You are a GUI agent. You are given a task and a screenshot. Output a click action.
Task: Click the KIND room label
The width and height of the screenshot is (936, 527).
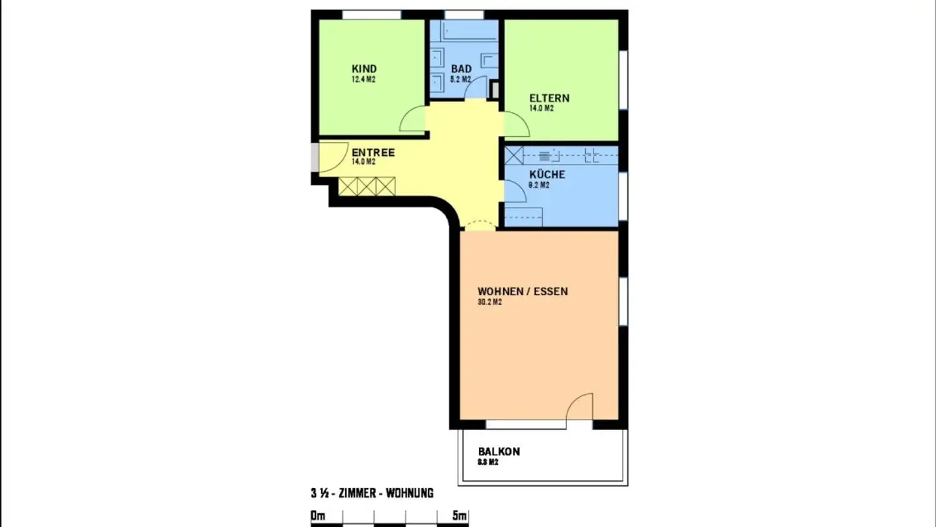point(364,69)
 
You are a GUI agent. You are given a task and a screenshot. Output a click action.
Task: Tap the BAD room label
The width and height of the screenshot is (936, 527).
point(461,69)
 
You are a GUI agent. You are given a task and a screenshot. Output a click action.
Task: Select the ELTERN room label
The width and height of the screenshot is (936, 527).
point(549,98)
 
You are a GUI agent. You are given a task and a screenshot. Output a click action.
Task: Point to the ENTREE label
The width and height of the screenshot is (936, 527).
point(373,153)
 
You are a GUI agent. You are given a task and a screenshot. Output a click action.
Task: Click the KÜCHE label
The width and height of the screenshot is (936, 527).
point(547,174)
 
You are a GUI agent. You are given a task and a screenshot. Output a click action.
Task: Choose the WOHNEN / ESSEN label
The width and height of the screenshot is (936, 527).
point(523,291)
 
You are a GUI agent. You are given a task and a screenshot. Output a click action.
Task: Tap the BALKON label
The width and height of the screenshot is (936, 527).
point(499,452)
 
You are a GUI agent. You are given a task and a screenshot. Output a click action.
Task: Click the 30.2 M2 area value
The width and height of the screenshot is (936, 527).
point(489,302)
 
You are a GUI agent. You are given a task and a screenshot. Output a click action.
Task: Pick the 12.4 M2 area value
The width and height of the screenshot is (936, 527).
point(363,79)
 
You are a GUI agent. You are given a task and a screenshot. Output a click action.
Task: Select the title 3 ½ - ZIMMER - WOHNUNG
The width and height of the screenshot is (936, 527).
point(372,493)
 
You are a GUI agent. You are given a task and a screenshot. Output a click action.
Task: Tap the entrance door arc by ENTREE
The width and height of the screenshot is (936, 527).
point(333,158)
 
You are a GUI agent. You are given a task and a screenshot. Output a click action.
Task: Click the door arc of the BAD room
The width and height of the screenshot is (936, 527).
point(477,87)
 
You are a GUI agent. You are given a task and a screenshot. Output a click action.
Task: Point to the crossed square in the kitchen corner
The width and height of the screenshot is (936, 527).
point(514,155)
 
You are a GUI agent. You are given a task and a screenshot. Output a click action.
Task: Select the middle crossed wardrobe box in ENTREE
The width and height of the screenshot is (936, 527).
point(367,187)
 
